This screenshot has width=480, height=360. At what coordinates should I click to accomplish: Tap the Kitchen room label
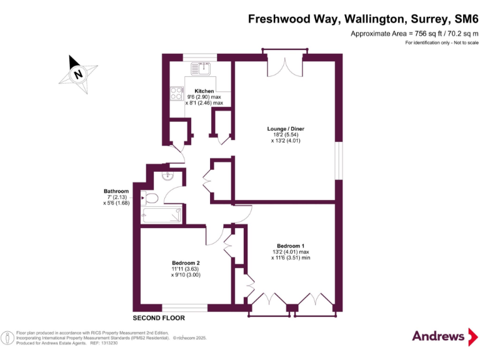point(204,91)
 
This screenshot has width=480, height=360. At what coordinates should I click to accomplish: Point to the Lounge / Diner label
point(285,129)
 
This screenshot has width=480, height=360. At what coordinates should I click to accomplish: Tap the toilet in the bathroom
point(150,199)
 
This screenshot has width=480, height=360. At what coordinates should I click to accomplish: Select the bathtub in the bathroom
point(162,216)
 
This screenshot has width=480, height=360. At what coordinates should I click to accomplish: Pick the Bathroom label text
point(116,191)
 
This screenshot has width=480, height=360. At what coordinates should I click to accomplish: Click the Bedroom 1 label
point(291,245)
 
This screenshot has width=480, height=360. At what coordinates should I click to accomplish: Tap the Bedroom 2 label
point(186,262)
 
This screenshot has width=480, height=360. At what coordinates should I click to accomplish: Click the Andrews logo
point(439,336)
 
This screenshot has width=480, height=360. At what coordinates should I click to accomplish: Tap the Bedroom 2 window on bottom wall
point(185,307)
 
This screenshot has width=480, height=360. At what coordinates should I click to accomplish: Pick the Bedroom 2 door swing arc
point(214,236)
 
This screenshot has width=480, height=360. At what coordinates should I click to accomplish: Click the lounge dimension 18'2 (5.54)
point(285,135)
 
